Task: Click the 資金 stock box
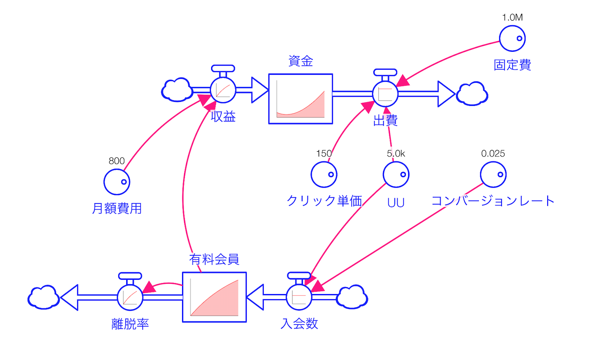(301, 99)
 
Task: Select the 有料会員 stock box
(214, 297)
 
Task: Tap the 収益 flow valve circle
(223, 90)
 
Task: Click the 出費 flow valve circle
(385, 94)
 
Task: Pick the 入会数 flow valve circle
(299, 297)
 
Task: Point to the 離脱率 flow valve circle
(130, 297)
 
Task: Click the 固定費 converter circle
(512, 38)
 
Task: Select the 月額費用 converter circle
(117, 182)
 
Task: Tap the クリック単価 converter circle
(324, 175)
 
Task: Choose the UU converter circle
(396, 175)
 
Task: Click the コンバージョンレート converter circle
(493, 175)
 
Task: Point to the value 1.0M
(512, 17)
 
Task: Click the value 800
(116, 161)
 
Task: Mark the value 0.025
(493, 154)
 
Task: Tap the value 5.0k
(396, 154)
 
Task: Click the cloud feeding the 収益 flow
(177, 89)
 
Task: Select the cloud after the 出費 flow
(472, 94)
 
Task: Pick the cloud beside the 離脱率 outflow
(44, 297)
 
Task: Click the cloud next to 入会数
(352, 297)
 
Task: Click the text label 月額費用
(117, 208)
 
